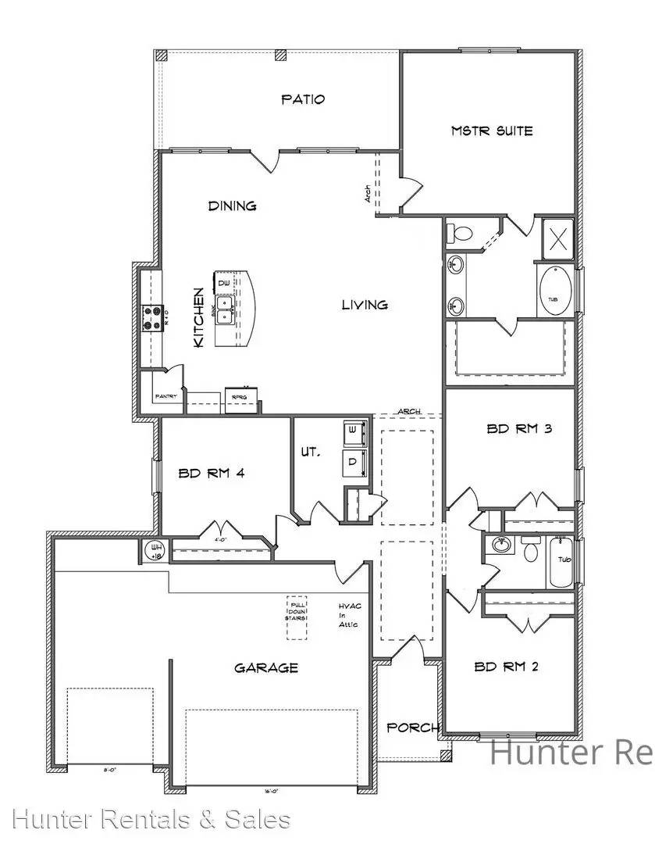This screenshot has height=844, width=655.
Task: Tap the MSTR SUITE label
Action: [492, 131]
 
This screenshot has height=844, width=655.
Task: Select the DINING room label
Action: [232, 206]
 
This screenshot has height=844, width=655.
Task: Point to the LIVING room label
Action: [365, 305]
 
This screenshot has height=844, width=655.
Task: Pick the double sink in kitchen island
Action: [225, 309]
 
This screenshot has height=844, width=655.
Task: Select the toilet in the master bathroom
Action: [461, 233]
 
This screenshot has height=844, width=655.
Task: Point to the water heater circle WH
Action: [153, 552]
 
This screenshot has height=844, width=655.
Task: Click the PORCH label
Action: [412, 728]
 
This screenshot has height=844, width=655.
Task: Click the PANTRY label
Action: [166, 397]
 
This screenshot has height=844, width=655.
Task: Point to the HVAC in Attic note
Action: [347, 616]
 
